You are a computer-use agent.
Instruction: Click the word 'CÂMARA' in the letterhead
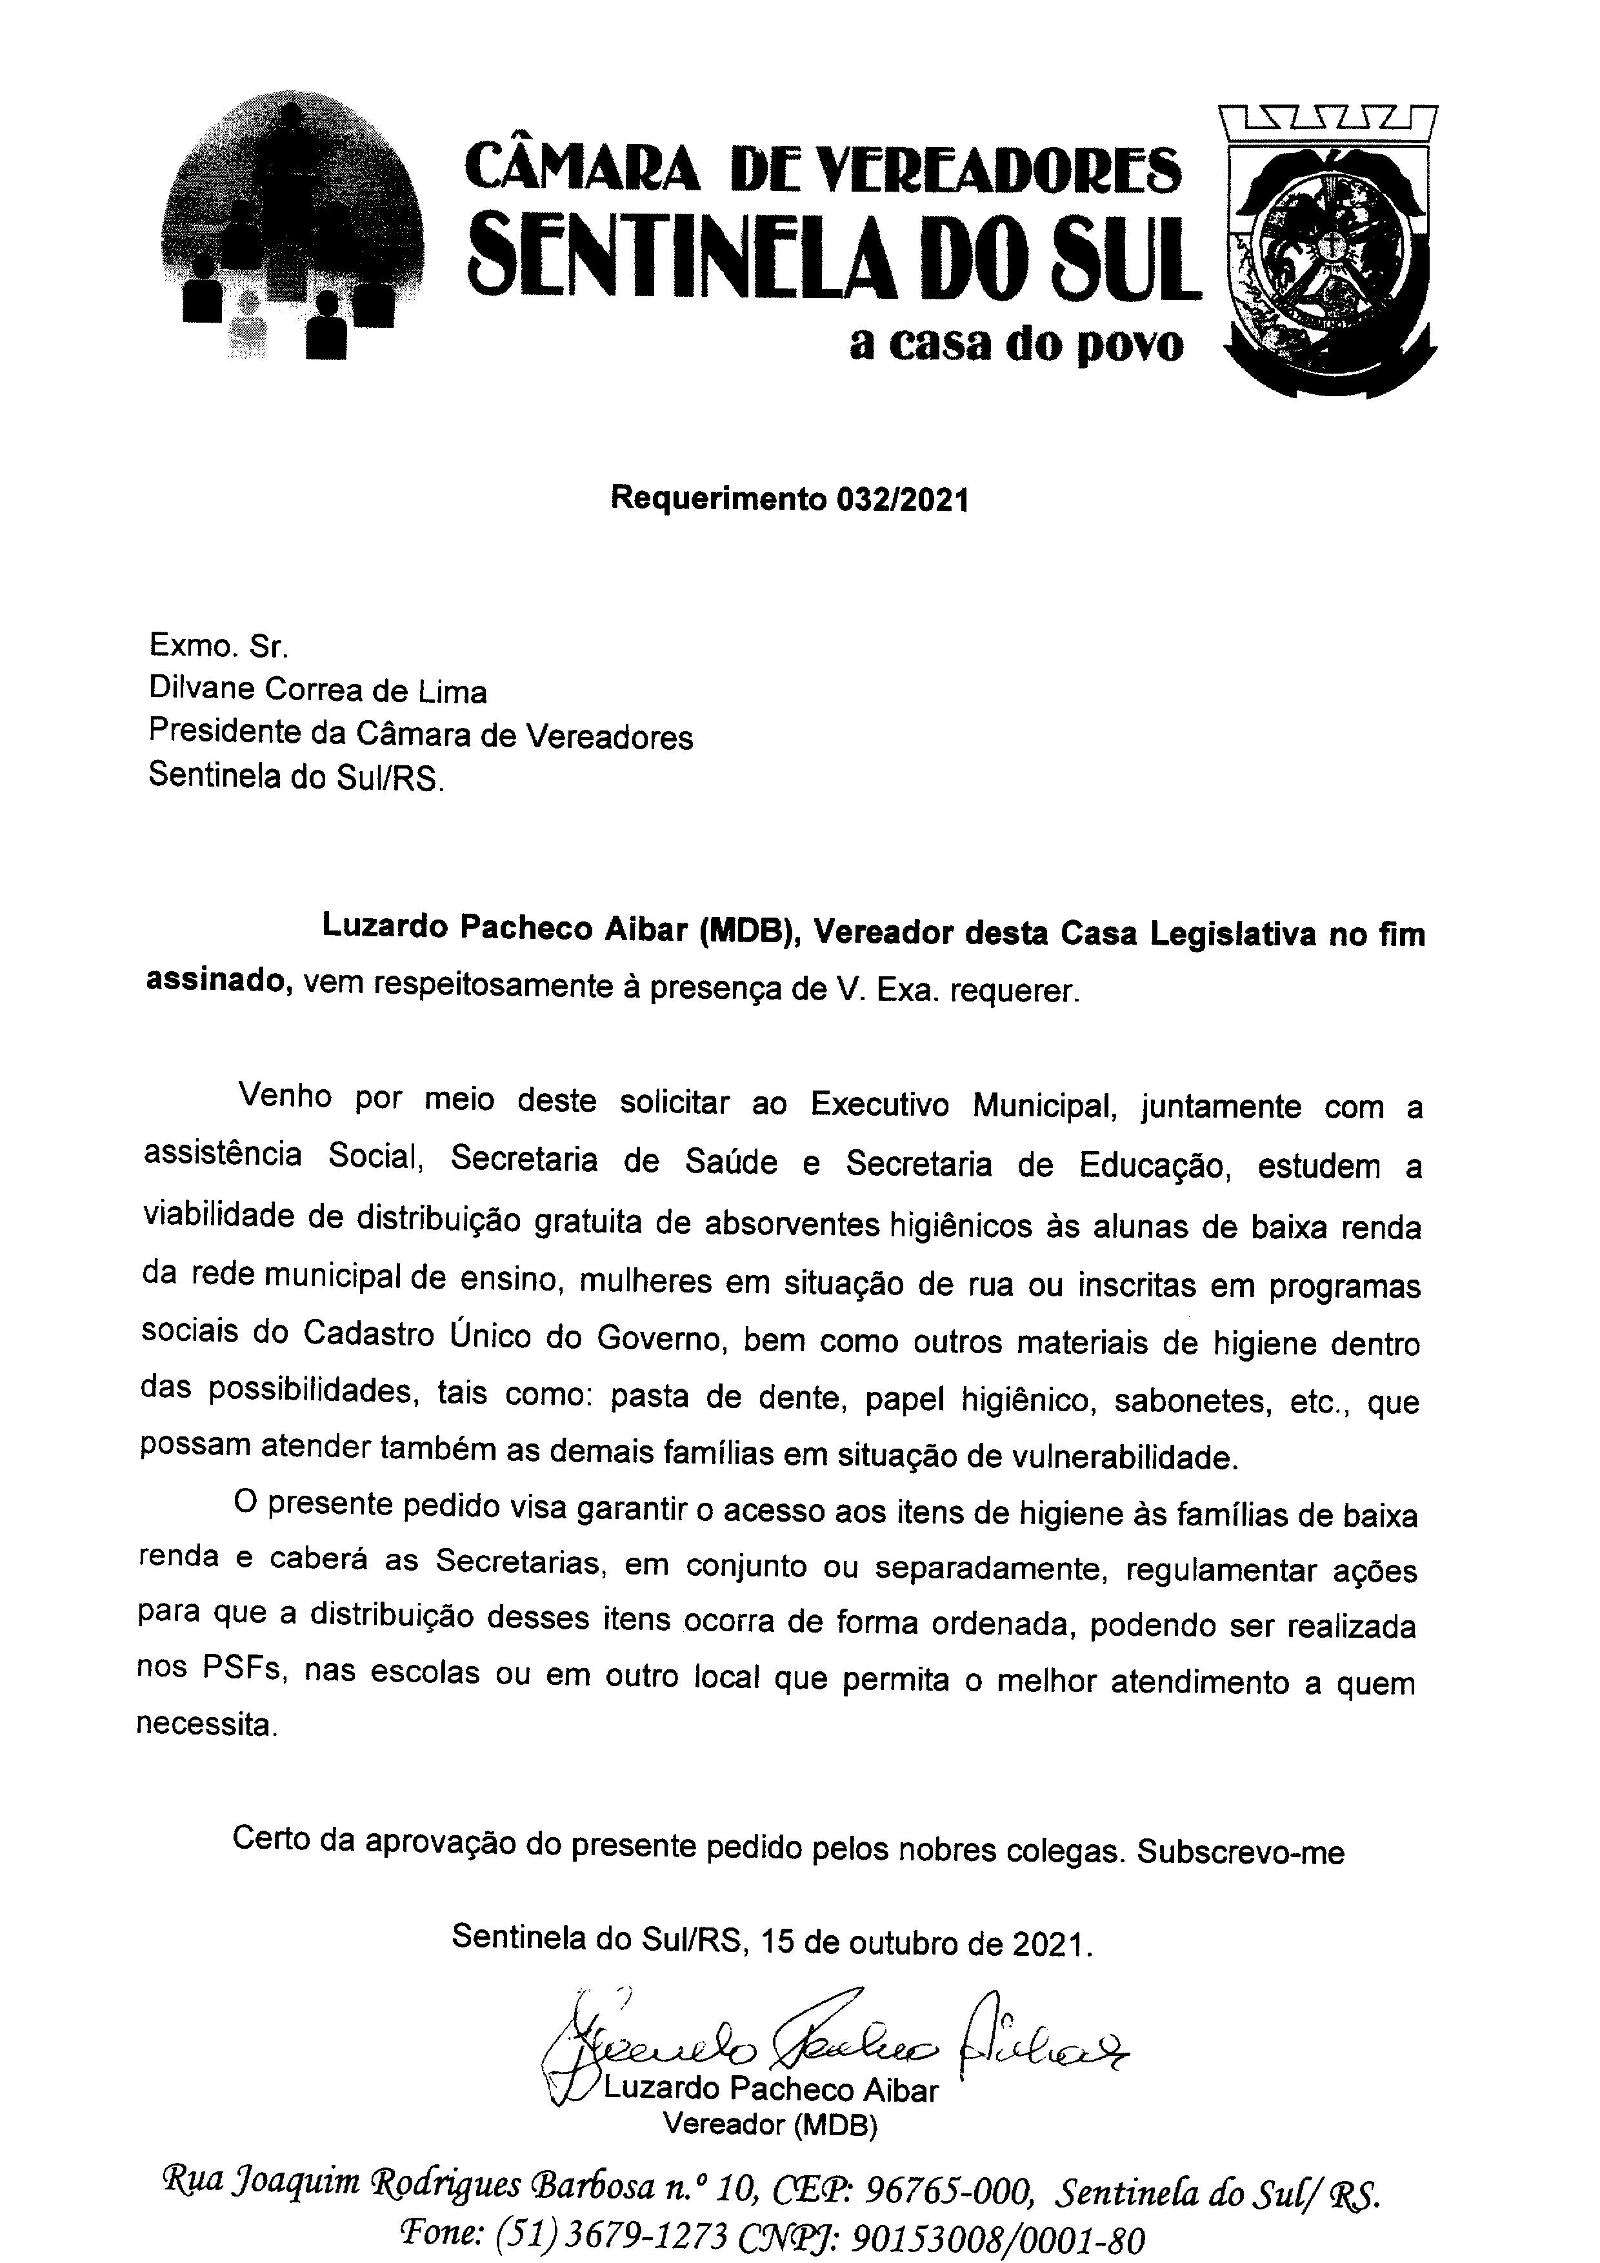point(581,168)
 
